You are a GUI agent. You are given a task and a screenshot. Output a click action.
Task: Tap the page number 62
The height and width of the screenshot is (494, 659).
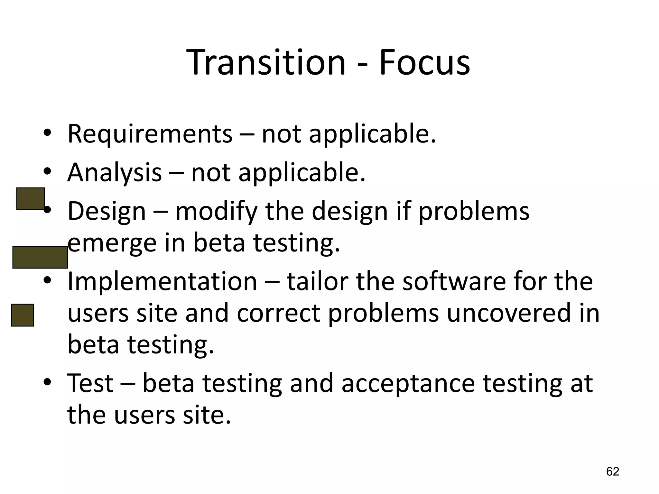pyautogui.click(x=613, y=471)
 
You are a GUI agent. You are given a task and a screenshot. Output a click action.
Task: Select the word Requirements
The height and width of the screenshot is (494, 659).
pyautogui.click(x=150, y=134)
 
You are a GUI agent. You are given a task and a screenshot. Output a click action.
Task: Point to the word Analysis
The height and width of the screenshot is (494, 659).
pyautogui.click(x=114, y=172)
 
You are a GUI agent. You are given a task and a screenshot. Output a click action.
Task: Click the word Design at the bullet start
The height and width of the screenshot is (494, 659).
pyautogui.click(x=107, y=212)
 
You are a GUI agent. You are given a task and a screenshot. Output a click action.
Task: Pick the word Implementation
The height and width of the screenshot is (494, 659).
pyautogui.click(x=162, y=281)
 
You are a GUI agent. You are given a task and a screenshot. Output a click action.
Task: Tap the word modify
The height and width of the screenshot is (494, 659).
pyautogui.click(x=216, y=212)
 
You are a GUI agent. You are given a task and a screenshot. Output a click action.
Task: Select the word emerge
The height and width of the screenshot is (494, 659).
pyautogui.click(x=112, y=244)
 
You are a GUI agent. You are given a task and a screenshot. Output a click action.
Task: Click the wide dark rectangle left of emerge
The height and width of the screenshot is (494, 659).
pyautogui.click(x=40, y=257)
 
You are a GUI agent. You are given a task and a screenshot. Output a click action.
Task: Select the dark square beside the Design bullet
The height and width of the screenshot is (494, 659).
pyautogui.click(x=30, y=199)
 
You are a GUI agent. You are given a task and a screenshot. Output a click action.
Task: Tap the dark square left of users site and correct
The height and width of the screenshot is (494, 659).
pyautogui.click(x=23, y=315)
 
